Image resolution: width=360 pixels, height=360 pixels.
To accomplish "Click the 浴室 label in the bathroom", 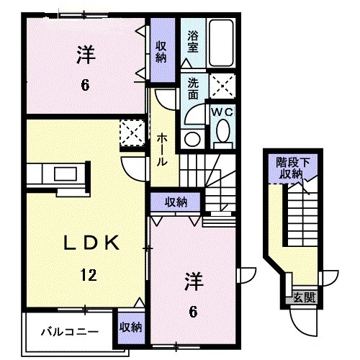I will [x=193, y=42].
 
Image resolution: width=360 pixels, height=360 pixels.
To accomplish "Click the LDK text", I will [x=84, y=242].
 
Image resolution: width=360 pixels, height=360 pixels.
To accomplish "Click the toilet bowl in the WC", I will [x=224, y=131].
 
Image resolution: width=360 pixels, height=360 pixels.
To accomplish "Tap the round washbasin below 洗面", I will [x=192, y=138].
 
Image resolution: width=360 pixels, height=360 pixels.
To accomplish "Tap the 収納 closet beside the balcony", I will [x=131, y=327].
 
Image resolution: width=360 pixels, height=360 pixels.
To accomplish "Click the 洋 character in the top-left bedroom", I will [x=84, y=54].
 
